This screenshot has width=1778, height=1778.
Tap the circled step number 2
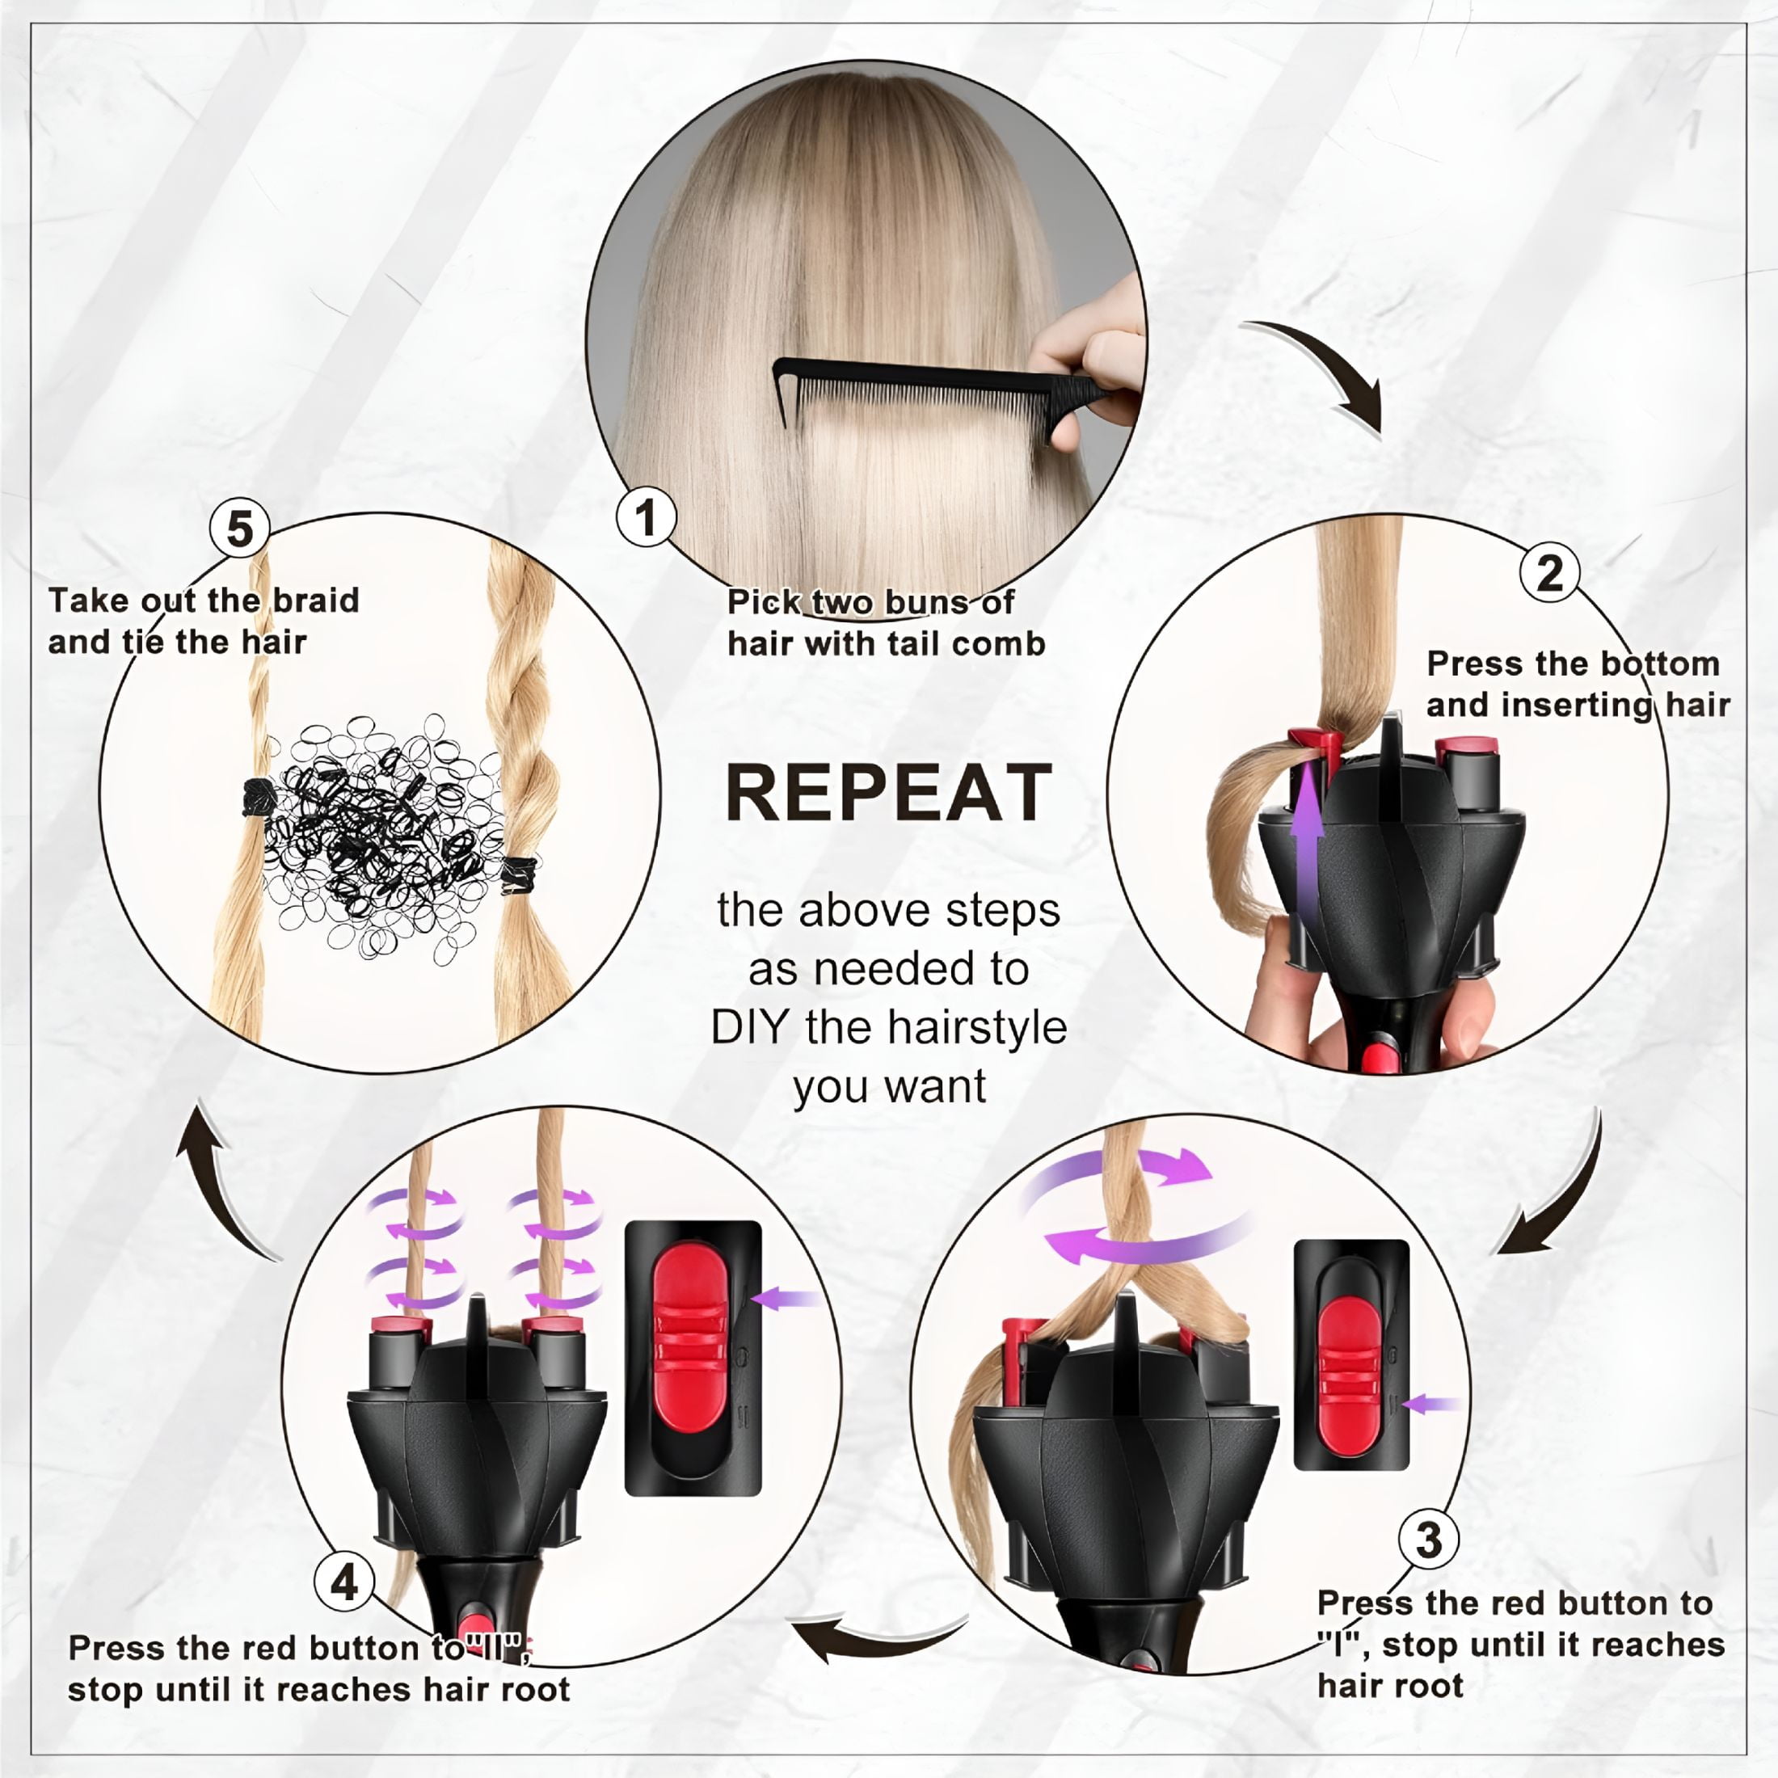pyautogui.click(x=1550, y=572)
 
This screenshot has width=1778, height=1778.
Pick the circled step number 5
pyautogui.click(x=240, y=529)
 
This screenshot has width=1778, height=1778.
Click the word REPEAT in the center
pyautogui.click(x=888, y=794)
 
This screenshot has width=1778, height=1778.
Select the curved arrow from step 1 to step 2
pyautogui.click(x=1325, y=368)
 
